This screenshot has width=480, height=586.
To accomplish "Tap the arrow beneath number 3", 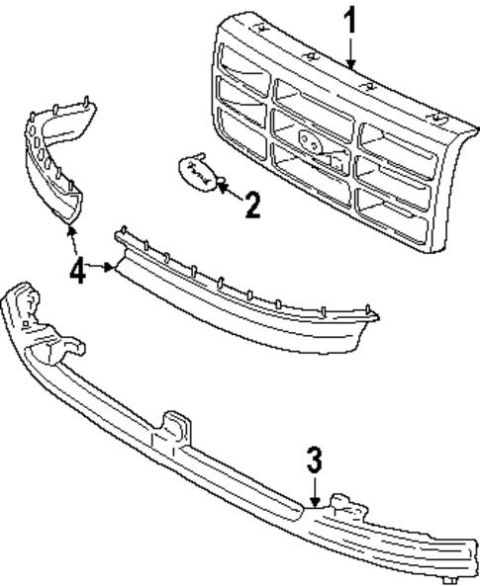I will (314, 491).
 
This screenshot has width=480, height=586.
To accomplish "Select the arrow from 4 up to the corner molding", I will (71, 238).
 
